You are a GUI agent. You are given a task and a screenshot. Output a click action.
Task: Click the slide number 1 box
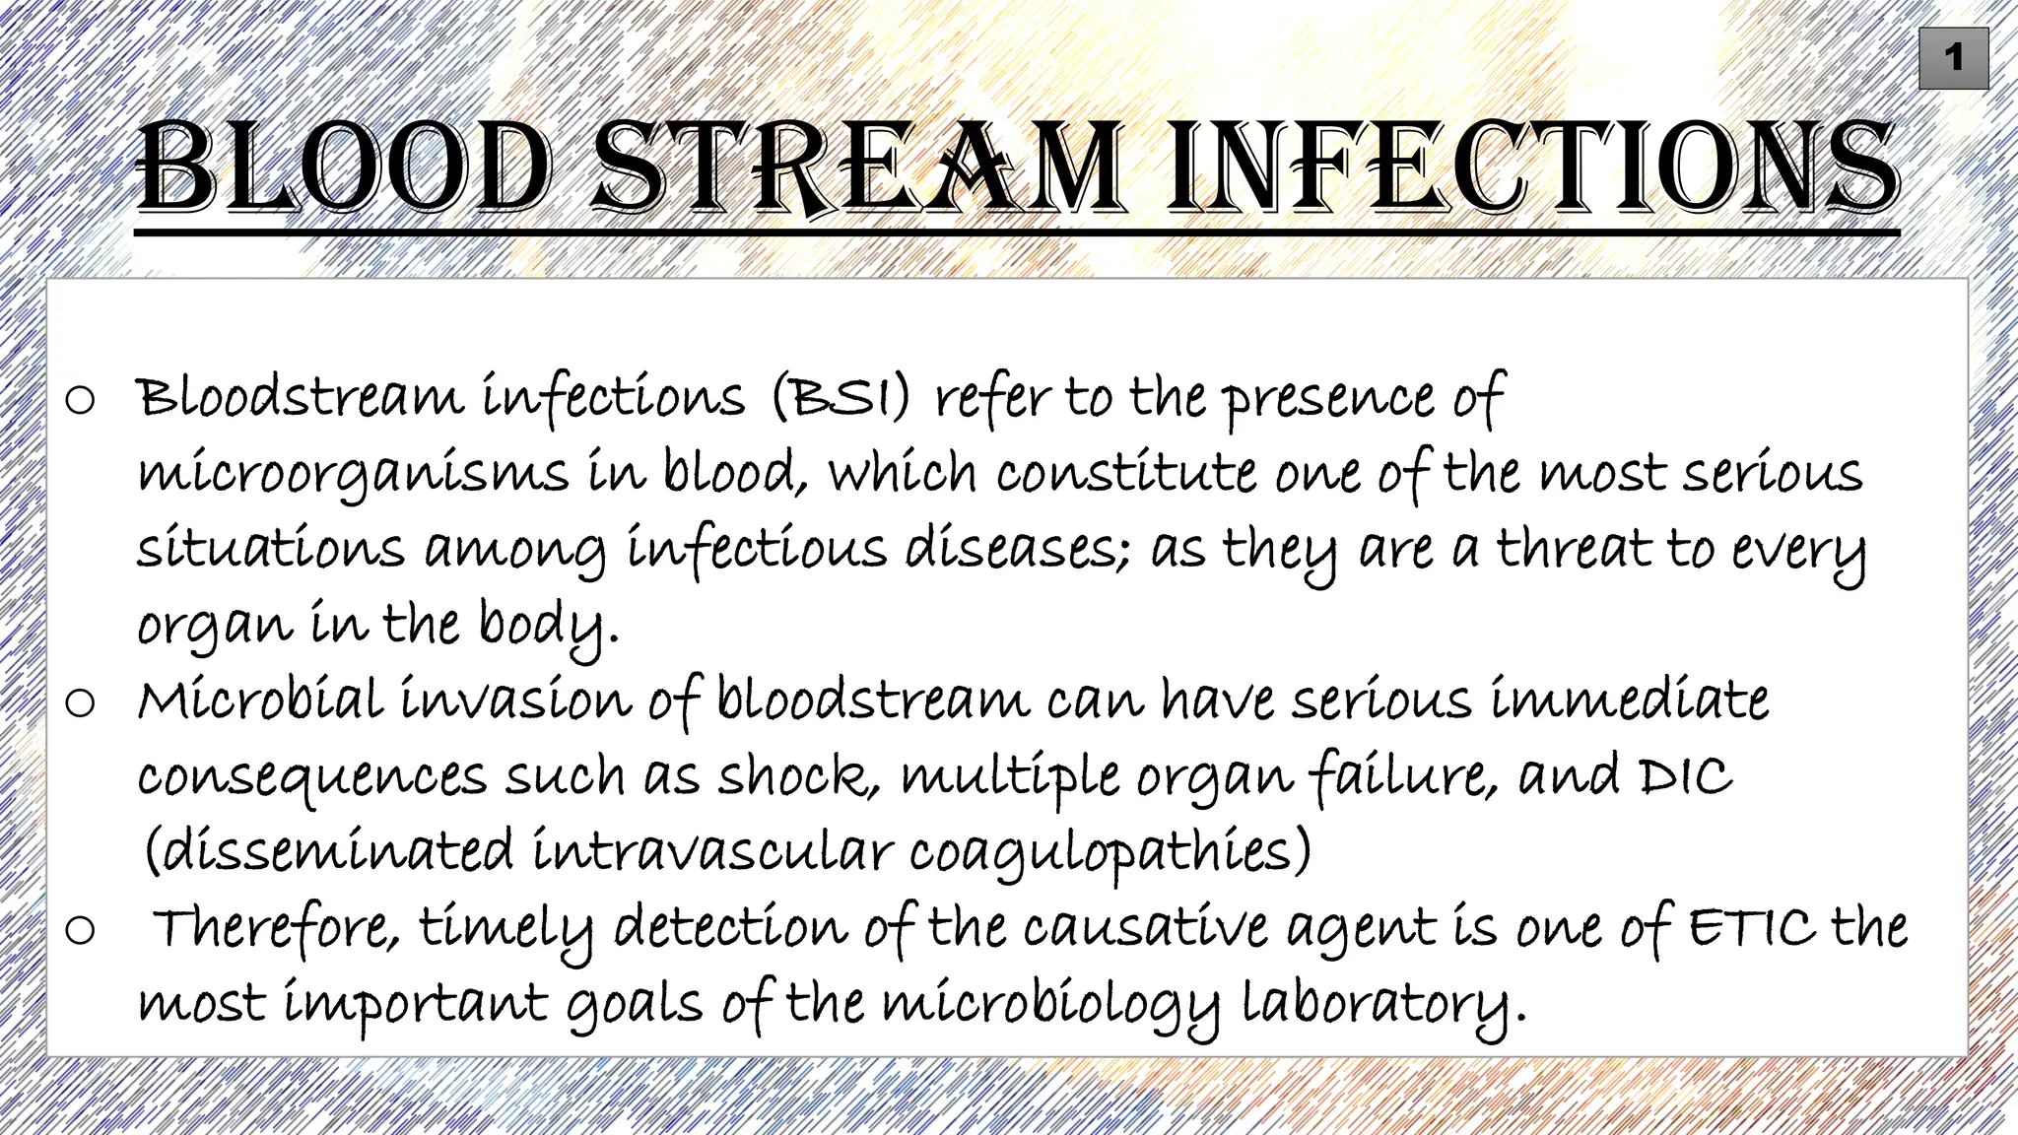tap(1953, 59)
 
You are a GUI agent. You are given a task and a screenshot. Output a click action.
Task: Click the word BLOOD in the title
tap(343, 167)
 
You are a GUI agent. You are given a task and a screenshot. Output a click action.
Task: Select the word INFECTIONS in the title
tap(1532, 167)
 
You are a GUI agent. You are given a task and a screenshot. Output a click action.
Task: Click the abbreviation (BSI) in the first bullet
tap(841, 398)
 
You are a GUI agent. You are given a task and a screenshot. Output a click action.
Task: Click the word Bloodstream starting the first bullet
tap(300, 398)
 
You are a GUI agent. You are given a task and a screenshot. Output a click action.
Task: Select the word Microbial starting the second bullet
tap(259, 701)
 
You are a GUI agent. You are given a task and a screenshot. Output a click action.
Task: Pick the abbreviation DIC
tap(1686, 776)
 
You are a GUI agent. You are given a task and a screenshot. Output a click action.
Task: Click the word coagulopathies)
tap(1110, 852)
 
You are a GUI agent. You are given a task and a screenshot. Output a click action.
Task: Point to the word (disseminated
tap(328, 850)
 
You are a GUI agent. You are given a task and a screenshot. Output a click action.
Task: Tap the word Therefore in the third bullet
tap(276, 928)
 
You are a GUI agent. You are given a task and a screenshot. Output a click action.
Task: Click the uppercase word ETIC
tap(1751, 928)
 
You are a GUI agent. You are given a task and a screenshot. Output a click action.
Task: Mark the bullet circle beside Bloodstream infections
tap(80, 400)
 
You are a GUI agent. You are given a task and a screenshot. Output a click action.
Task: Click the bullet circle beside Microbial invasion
tap(80, 702)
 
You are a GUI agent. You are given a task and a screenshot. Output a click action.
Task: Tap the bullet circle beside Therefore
tap(80, 930)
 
